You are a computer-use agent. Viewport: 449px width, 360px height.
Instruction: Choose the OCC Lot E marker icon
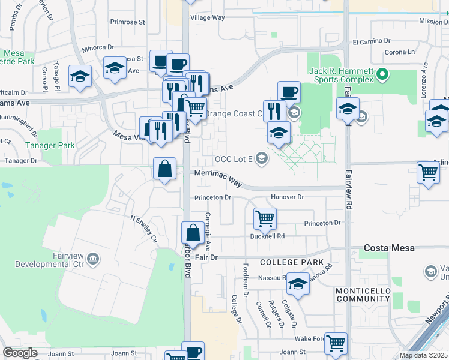click(x=261, y=159)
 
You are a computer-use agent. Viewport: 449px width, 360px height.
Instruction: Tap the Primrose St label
click(x=128, y=22)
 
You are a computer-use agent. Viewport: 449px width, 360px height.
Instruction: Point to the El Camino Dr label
click(x=372, y=41)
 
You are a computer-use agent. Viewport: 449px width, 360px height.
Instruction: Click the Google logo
click(x=20, y=353)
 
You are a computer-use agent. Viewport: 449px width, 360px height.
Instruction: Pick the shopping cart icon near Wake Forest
click(x=336, y=344)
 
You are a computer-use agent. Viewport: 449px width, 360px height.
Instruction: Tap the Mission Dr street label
click(x=433, y=21)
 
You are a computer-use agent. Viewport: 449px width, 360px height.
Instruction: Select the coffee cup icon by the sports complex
click(x=289, y=92)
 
